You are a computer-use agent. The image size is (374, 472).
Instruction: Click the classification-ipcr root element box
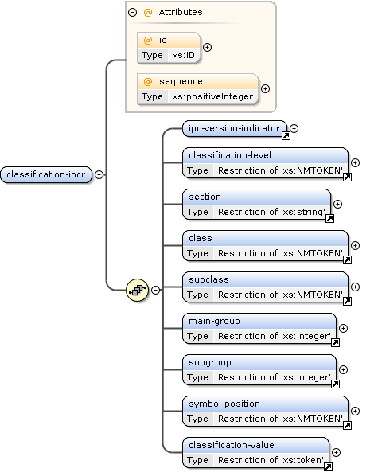[x=46, y=175]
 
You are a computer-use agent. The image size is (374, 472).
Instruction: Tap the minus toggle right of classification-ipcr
[x=99, y=175]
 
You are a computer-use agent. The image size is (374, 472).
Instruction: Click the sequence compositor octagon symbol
[x=136, y=291]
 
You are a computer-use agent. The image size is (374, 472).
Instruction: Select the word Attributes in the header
[x=180, y=13]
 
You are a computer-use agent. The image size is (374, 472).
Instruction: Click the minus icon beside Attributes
[x=132, y=13]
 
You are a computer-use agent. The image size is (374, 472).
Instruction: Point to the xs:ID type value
[x=185, y=55]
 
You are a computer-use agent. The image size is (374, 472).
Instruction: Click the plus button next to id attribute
[x=207, y=48]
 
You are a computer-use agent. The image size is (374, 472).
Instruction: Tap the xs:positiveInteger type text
[x=212, y=96]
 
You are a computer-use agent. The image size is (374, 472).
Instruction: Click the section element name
[x=205, y=197]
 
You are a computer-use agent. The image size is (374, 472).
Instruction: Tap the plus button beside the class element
[x=355, y=245]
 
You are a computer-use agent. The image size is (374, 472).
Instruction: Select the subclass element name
[x=208, y=279]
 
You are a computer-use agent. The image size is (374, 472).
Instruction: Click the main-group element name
[x=213, y=321]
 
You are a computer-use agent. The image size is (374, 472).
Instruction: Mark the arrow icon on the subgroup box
[x=335, y=384]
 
